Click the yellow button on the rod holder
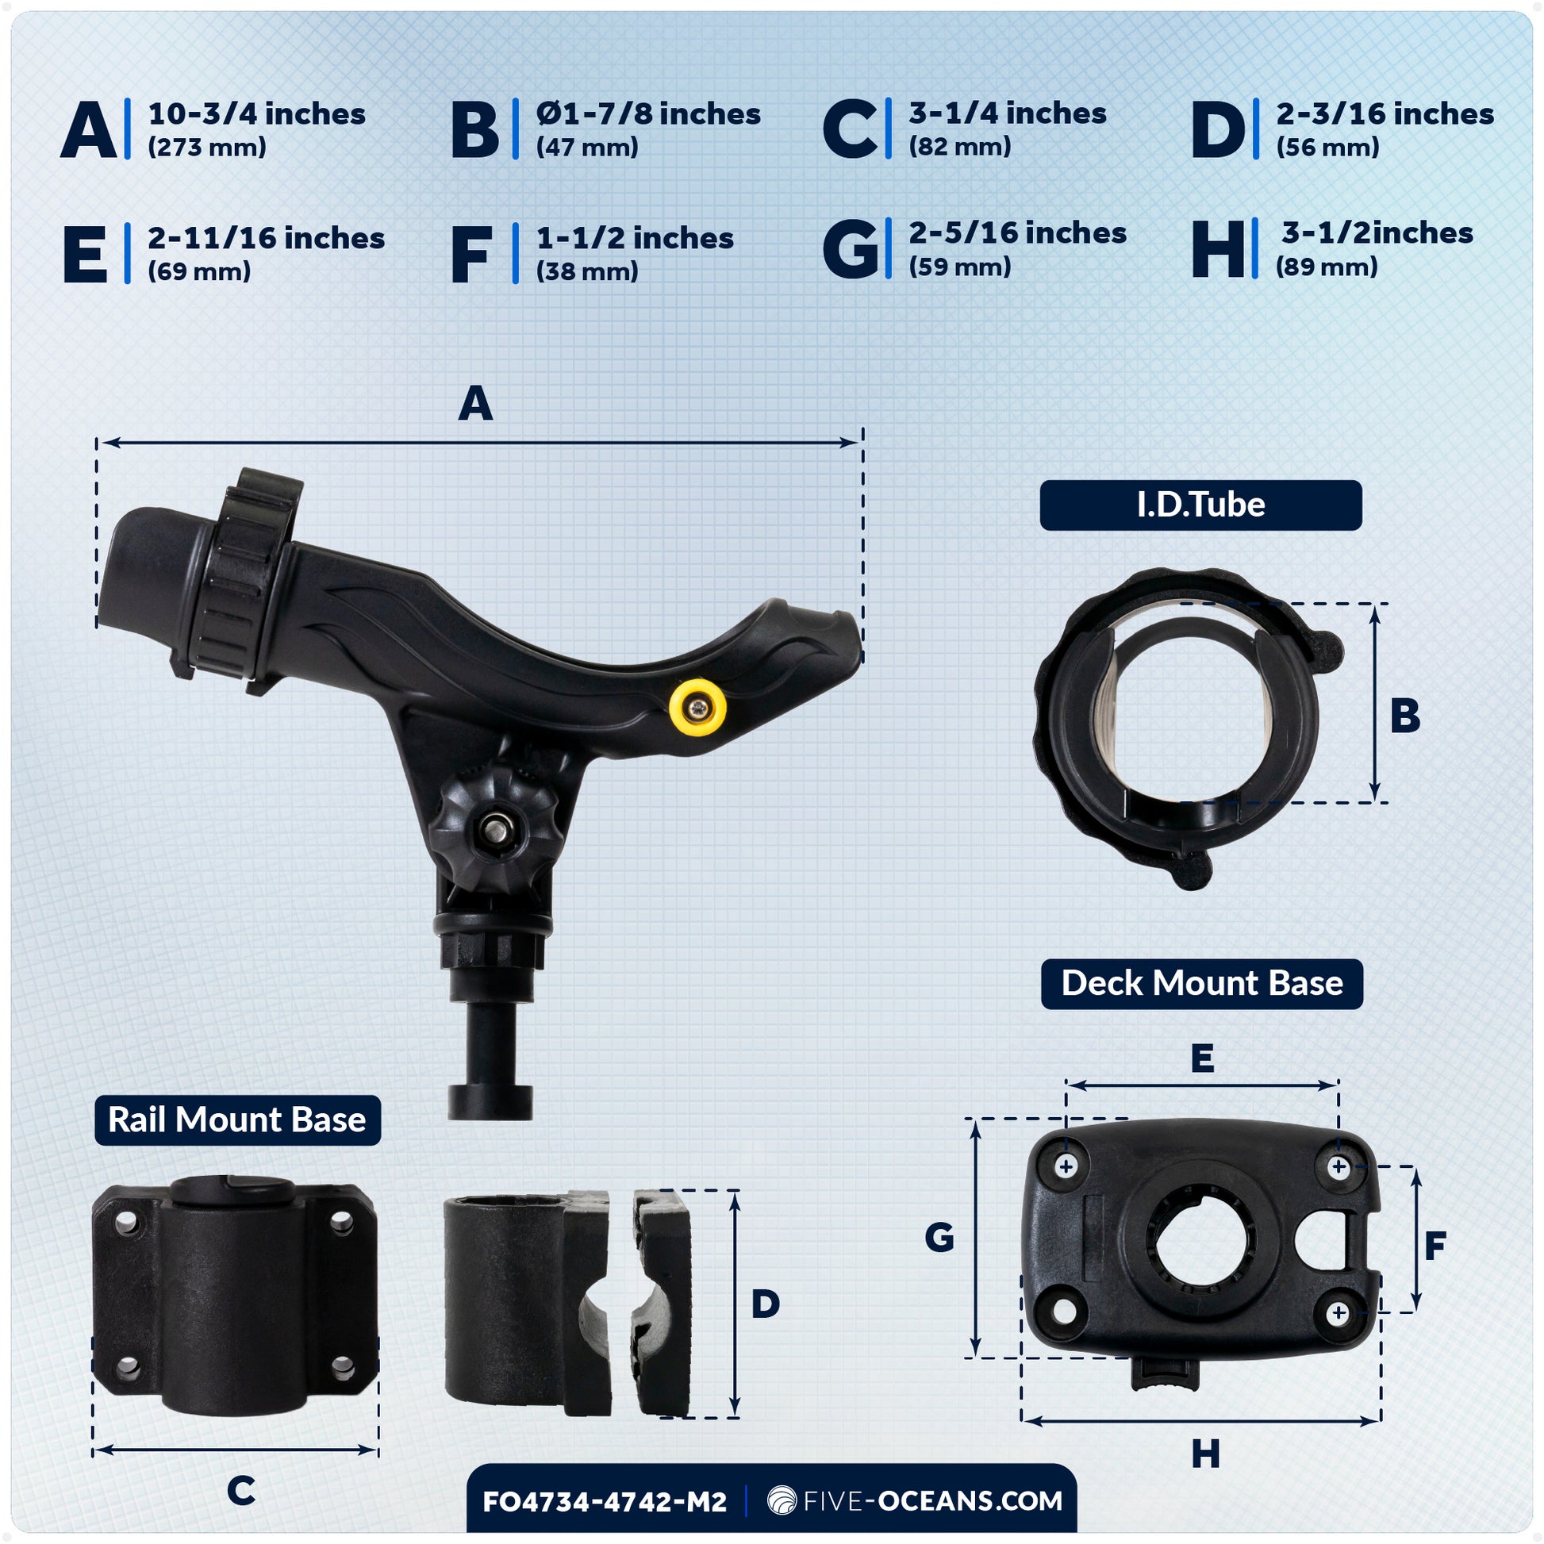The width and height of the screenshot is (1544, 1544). (697, 706)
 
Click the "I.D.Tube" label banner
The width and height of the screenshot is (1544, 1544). (1200, 505)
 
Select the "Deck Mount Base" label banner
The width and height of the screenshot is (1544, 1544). (1202, 983)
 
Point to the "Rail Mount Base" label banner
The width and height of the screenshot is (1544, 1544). (237, 1120)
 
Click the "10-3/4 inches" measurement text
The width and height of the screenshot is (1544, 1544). (256, 114)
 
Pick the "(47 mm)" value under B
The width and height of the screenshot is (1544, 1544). (587, 147)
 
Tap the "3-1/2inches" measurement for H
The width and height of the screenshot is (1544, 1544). (1377, 233)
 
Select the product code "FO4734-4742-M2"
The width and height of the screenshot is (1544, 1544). (605, 1502)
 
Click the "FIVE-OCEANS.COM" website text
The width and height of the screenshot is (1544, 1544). (932, 1501)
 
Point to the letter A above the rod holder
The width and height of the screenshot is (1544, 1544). (474, 404)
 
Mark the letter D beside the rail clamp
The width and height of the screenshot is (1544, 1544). (765, 1304)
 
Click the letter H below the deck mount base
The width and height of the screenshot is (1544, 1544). (1205, 1454)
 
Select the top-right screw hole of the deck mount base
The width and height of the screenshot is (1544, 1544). (1339, 1167)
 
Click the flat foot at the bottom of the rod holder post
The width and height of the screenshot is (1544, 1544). (490, 1101)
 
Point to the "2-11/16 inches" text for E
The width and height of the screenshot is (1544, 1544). (266, 238)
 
